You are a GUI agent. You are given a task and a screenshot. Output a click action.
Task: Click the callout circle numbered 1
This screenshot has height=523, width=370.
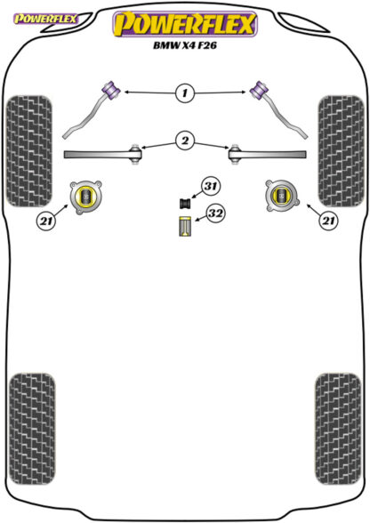[x=184, y=93]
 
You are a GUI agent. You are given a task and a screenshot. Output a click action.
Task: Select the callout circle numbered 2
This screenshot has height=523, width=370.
[x=185, y=141]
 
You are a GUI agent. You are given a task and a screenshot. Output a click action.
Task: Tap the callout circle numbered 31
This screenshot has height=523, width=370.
[x=210, y=186]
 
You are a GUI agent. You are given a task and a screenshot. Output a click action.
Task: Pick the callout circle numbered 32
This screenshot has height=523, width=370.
[x=215, y=213]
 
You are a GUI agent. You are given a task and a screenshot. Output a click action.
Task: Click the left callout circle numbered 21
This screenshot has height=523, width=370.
[x=46, y=221]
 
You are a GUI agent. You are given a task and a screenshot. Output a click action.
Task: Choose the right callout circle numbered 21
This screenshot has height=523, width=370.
[x=328, y=221]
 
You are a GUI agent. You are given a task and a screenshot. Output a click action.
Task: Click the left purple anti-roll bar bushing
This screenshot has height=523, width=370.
[x=111, y=89]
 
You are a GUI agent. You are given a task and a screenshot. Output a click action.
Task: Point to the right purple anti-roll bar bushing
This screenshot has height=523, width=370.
[x=259, y=89]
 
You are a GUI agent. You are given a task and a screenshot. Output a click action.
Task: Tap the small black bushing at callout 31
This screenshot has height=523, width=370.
[x=185, y=203]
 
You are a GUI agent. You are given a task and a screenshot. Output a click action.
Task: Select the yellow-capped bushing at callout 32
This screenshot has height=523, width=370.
[x=184, y=227]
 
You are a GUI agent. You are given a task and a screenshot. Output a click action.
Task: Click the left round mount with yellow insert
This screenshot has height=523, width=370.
[x=85, y=197]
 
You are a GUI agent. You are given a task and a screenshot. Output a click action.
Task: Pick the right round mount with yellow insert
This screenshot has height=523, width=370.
[x=282, y=196]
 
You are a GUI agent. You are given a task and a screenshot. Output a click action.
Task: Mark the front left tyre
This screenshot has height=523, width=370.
[x=29, y=151]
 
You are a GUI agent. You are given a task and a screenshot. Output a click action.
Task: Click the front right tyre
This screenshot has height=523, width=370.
[x=341, y=151]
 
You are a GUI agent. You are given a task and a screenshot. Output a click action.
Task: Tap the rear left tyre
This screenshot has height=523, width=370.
[x=32, y=430]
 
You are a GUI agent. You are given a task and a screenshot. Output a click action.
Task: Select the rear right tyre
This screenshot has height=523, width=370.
[x=338, y=429]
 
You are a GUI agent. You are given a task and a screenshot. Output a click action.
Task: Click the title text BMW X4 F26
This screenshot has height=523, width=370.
[x=185, y=45]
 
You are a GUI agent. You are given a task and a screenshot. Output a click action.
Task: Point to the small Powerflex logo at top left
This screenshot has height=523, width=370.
[x=45, y=19]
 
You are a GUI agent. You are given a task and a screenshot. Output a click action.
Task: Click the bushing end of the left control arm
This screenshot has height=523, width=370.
[x=135, y=154]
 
